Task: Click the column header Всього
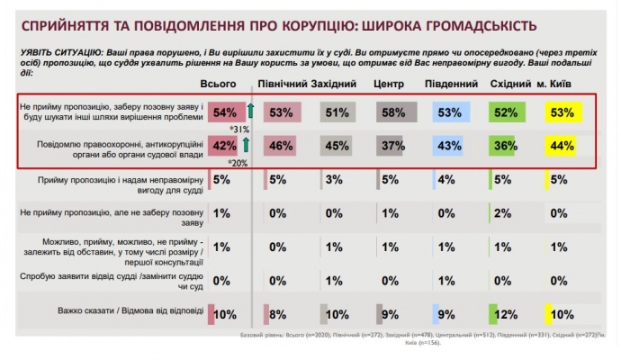coord(223,84)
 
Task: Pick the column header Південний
coord(450,84)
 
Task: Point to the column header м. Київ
coord(563,84)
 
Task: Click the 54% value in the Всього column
coord(225,112)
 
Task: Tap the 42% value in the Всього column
coord(225,144)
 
